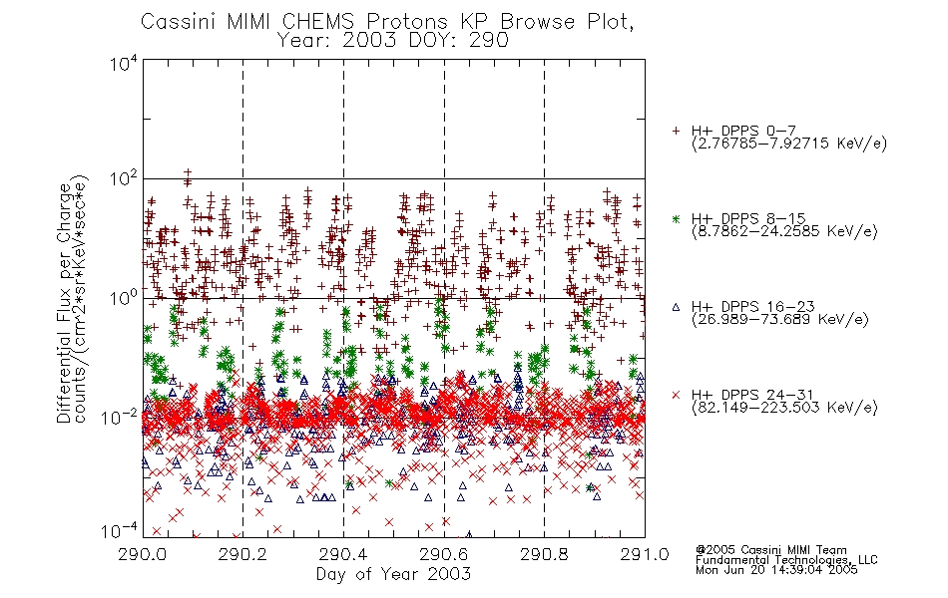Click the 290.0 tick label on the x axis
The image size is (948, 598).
tap(142, 554)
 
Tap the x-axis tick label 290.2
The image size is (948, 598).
tap(242, 554)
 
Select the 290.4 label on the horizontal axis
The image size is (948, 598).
tap(343, 554)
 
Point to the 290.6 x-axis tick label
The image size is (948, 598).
tap(444, 554)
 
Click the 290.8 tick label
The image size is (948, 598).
tap(544, 554)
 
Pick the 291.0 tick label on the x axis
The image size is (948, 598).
tap(645, 554)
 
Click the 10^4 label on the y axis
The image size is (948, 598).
tap(124, 64)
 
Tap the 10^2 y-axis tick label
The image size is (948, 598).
tap(124, 179)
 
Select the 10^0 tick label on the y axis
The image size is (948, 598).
tap(124, 298)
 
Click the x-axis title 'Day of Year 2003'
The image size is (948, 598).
tap(393, 574)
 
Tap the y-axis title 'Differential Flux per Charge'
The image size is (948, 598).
tap(64, 303)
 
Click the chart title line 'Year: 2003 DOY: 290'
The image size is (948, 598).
tap(393, 41)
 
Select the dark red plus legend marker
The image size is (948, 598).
tap(676, 131)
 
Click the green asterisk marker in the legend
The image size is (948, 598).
tap(676, 218)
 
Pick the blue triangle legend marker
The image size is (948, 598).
tap(676, 307)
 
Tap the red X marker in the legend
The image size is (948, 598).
tap(676, 395)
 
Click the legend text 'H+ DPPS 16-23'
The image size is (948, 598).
tap(752, 307)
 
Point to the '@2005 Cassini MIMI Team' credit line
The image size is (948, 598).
tap(771, 550)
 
